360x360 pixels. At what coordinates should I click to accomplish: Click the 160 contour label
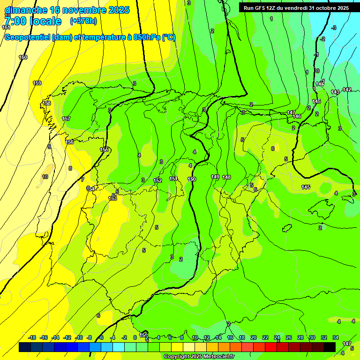click(23, 57)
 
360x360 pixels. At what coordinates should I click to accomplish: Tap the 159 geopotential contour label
click(37, 83)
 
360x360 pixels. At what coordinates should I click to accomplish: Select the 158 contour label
click(46, 103)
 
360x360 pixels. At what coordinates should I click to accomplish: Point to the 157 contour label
click(66, 119)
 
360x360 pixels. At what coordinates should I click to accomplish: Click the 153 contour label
click(112, 198)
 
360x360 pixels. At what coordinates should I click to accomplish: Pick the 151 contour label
click(173, 179)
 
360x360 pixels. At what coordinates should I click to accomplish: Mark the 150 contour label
click(192, 179)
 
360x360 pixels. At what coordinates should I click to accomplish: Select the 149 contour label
click(215, 177)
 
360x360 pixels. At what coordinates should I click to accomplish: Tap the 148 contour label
click(226, 177)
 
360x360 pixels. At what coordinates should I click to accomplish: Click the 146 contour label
click(297, 116)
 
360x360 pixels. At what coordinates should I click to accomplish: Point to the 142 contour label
click(347, 90)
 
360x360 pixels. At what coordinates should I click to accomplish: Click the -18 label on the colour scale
click(32, 337)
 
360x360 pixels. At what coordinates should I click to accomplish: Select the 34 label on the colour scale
click(336, 337)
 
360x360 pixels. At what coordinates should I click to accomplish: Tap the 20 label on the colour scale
click(254, 337)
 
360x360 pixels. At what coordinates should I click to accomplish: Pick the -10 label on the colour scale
click(79, 337)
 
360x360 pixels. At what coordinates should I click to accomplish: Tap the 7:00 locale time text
click(33, 21)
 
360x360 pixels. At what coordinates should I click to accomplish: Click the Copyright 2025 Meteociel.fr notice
click(198, 357)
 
